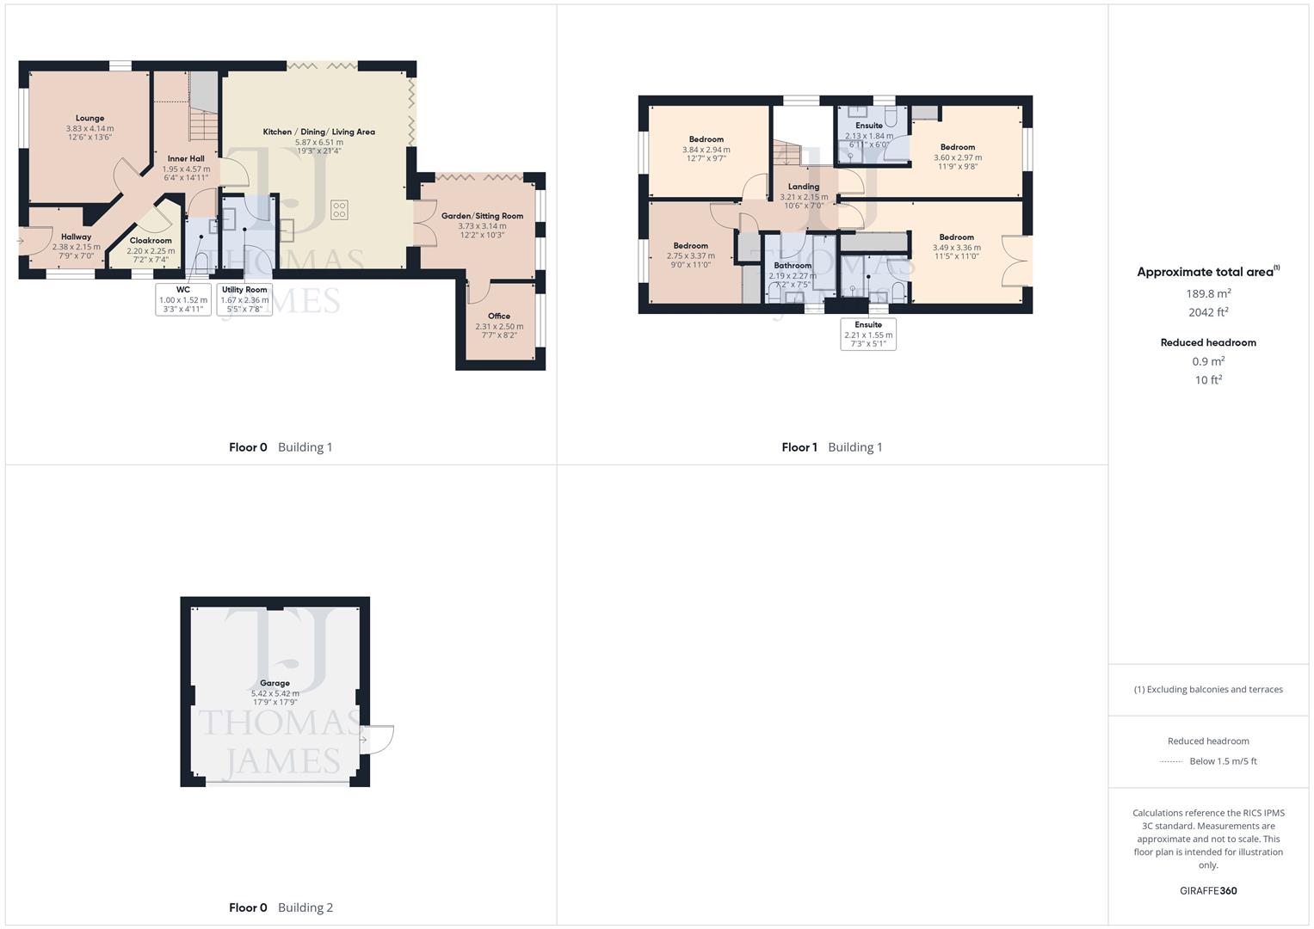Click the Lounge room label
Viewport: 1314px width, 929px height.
(89, 119)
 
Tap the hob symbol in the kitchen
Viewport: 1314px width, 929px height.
(339, 210)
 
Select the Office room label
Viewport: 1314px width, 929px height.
(499, 317)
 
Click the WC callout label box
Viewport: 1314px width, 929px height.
(183, 299)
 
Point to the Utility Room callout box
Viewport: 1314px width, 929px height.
(244, 299)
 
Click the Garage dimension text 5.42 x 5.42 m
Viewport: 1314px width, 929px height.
(275, 693)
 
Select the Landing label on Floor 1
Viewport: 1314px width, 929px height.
(804, 187)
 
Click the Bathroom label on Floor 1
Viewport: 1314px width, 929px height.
(792, 266)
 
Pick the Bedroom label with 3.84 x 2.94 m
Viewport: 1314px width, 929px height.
(706, 139)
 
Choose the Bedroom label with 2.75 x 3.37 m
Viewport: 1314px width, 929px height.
(690, 246)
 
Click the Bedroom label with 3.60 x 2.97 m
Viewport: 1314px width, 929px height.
(957, 147)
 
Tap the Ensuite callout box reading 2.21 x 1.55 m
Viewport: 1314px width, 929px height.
(868, 334)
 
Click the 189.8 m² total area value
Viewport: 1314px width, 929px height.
(1208, 293)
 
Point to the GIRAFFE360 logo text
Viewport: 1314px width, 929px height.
(1208, 891)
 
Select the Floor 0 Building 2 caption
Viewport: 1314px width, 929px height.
(281, 907)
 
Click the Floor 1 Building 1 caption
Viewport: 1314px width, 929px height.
(831, 447)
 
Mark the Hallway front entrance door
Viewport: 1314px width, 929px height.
(22, 242)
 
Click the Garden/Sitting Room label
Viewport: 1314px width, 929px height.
(482, 216)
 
